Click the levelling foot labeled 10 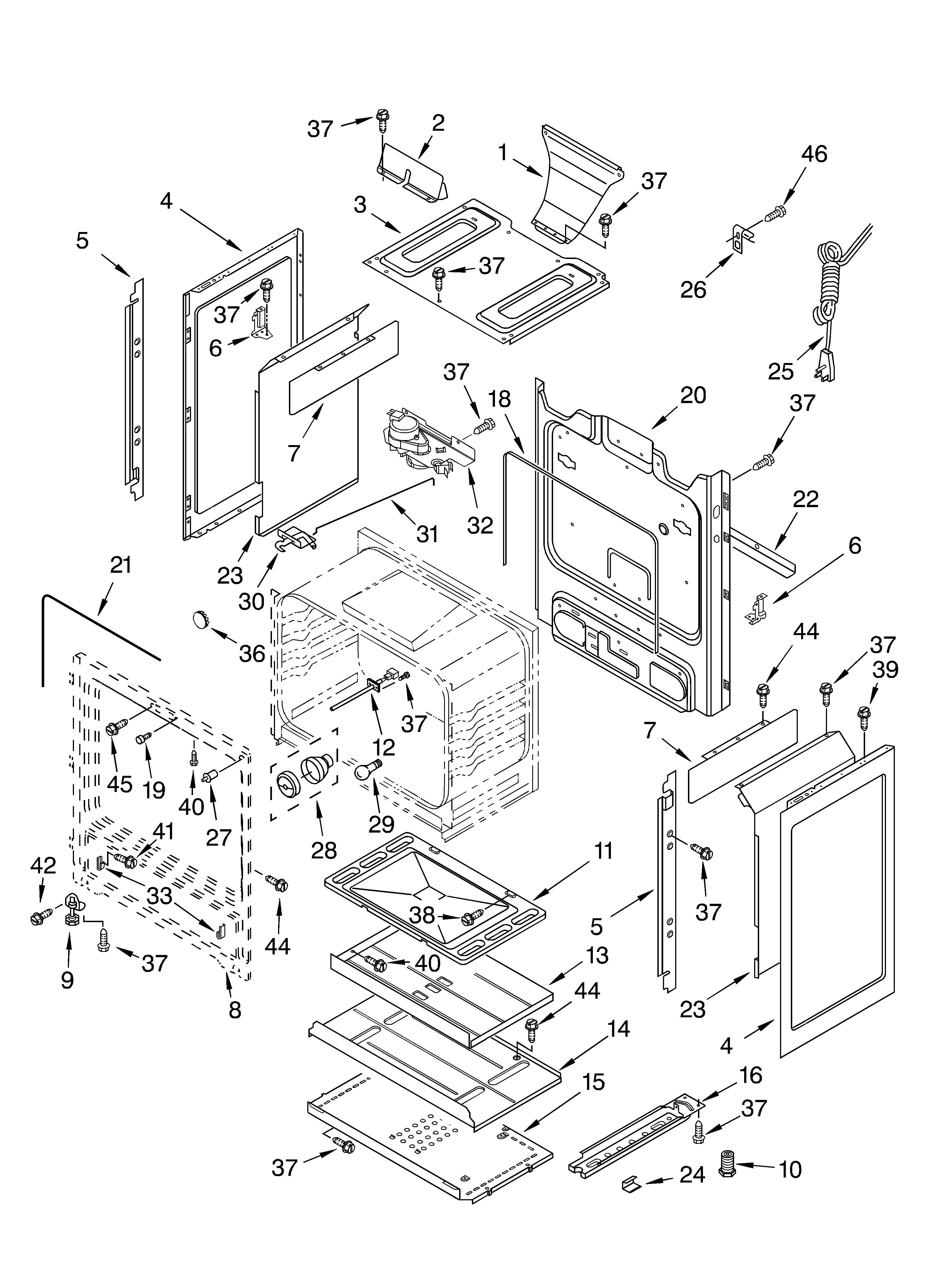[x=727, y=1164]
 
